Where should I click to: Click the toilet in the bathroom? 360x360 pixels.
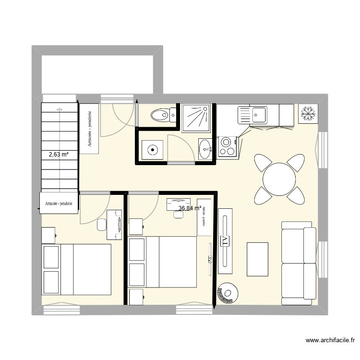(160, 115)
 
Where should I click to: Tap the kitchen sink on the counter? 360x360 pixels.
(259, 115)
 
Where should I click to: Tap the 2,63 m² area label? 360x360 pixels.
(58, 155)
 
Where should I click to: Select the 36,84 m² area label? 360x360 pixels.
(189, 208)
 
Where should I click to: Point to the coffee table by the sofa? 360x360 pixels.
(257, 260)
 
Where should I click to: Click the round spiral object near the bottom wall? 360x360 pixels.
(227, 293)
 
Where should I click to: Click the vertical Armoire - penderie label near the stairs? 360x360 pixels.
(90, 129)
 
